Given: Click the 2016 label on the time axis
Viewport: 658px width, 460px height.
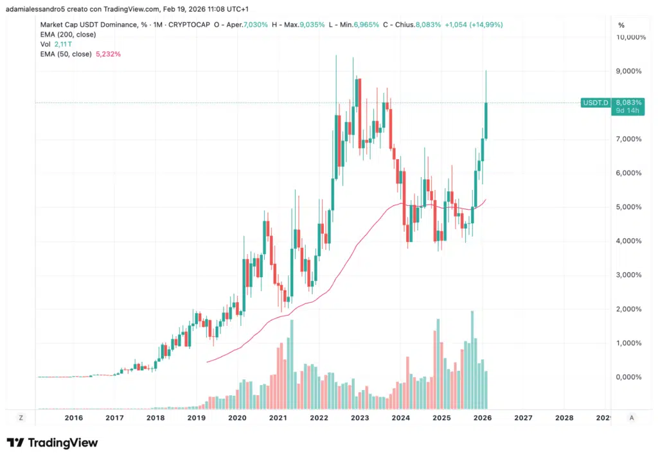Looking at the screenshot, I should [74, 418].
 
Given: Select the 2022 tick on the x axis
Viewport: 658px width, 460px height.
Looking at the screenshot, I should [319, 418].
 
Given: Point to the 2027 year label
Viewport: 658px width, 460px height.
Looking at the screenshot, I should [523, 418].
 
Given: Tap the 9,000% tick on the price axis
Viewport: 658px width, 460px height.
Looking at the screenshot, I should [629, 71].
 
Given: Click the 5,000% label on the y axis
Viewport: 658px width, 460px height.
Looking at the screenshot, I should [629, 207].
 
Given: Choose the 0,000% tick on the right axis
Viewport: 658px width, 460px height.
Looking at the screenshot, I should [629, 377].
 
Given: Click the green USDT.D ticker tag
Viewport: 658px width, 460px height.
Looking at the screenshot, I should [594, 103].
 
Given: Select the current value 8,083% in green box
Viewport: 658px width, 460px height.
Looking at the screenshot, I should [627, 102].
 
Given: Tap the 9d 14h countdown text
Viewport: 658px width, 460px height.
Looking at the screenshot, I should [626, 110].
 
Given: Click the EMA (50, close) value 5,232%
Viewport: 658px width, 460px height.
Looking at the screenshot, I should [109, 55].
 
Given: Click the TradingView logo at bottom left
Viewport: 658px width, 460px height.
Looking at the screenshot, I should [52, 443].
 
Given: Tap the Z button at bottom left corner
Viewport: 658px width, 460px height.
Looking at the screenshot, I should [21, 418].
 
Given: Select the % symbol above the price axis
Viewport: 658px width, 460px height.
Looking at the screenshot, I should [621, 25].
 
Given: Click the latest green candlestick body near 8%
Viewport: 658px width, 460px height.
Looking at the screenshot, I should [486, 120].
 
